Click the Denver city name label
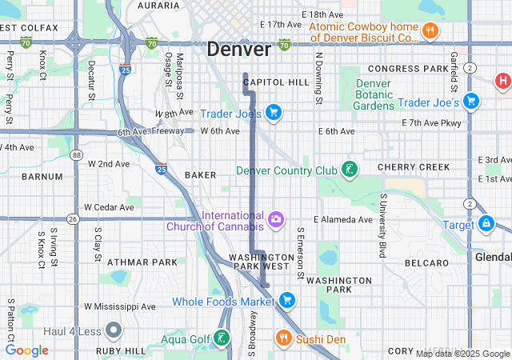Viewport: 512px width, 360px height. pos(238,49)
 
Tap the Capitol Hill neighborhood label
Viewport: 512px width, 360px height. pos(276,82)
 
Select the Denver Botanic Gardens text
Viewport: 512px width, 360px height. pos(374,94)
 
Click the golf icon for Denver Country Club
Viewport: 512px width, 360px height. pos(349,170)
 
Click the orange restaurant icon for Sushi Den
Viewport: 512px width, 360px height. pos(283,339)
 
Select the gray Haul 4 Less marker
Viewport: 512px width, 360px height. pos(113,329)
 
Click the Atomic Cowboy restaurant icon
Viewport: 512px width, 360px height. pos(430,31)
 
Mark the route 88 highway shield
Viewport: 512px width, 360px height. pos(75,155)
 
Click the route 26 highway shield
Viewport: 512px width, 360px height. pos(73,219)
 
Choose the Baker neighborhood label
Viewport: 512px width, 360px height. pos(200,174)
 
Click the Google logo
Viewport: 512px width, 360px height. pos(27,350)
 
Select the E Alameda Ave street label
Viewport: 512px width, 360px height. pos(343,219)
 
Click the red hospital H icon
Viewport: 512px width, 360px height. pos(502,80)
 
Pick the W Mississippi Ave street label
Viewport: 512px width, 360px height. pos(120,306)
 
